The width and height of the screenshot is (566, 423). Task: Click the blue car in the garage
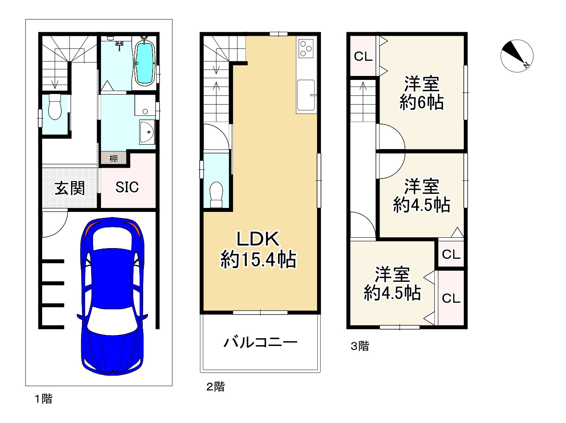coord(113,296)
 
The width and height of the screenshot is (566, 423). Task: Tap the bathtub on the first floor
coord(145,64)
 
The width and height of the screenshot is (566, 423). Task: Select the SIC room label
coord(127,187)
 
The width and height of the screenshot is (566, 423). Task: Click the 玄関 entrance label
coord(70,188)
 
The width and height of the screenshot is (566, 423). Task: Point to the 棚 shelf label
coord(113,159)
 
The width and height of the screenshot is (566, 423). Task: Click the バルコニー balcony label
coord(261,342)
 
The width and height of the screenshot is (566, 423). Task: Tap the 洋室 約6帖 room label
coord(422,93)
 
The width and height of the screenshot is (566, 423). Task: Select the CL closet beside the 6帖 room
coord(363,56)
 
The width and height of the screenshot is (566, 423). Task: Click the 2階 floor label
coord(215,386)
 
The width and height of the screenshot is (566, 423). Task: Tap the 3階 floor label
coord(360,346)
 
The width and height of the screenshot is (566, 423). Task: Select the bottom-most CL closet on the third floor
coord(451,298)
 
